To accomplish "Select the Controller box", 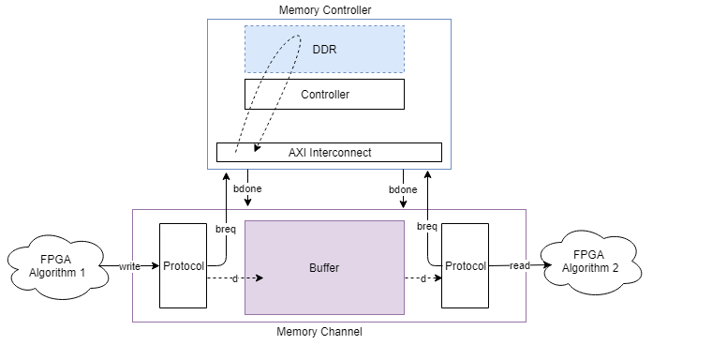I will [x=324, y=94].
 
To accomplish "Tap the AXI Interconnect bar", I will [x=329, y=152].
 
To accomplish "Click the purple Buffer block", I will [x=324, y=267].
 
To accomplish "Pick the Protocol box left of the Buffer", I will [x=183, y=265].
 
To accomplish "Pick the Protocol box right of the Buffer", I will [x=465, y=265].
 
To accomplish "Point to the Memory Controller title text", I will [x=324, y=9].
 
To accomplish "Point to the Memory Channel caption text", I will [x=319, y=332].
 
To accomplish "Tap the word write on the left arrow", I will [x=130, y=266].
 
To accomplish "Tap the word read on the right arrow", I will [x=520, y=266].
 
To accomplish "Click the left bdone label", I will [x=247, y=189].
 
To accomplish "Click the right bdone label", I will [x=403, y=189].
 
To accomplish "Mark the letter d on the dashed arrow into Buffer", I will [x=235, y=278].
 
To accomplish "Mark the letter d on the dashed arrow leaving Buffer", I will [x=423, y=278].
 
